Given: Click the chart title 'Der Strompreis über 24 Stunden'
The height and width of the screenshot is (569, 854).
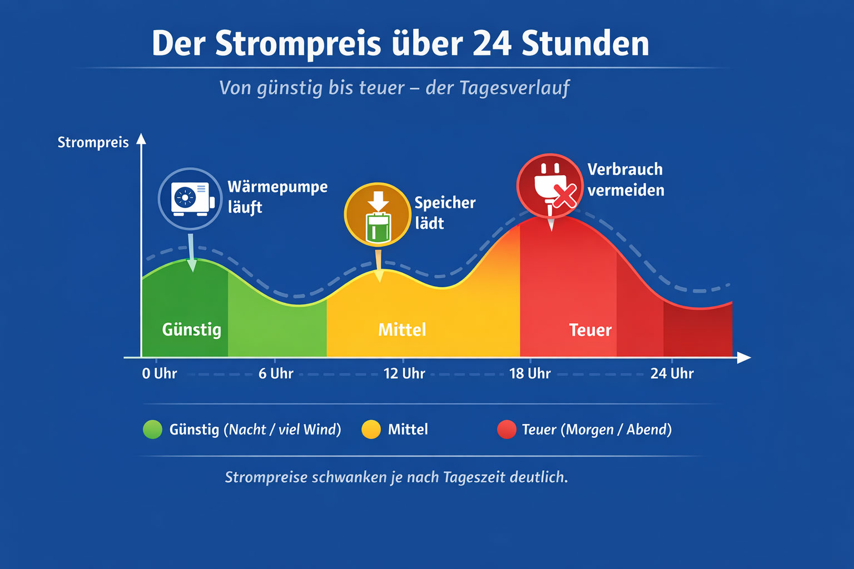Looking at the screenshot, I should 400,43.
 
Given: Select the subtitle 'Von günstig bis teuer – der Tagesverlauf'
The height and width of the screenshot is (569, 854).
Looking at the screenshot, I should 394,88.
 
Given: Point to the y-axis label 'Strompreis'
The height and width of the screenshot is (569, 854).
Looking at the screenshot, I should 93,142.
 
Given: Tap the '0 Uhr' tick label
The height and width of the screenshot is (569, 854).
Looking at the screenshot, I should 159,373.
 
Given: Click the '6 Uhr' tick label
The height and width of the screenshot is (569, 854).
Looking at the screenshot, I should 276,373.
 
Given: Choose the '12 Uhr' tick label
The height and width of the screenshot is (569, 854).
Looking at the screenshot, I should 404,373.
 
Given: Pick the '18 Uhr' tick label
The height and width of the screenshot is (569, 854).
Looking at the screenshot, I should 530,373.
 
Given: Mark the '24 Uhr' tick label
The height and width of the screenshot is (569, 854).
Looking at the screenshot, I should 672,373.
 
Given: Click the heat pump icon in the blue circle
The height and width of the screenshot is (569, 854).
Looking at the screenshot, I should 190,198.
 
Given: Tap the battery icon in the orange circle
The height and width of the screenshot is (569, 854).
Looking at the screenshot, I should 378,215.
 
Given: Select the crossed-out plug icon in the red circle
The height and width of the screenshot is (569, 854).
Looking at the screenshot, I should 550,186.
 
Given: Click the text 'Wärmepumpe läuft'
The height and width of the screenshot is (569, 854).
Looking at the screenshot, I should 277,197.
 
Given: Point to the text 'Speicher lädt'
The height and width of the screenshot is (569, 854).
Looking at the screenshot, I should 444,213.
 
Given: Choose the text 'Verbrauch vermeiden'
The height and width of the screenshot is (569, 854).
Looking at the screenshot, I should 625,179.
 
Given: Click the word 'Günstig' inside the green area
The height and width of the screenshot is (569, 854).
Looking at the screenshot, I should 191,330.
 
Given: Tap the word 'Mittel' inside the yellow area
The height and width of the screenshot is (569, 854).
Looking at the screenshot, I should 402,330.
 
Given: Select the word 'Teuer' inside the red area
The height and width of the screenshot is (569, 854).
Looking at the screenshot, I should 590,330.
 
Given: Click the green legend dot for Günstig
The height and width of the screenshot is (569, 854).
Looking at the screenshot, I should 152,430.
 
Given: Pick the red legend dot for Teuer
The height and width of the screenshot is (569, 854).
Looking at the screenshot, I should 507,430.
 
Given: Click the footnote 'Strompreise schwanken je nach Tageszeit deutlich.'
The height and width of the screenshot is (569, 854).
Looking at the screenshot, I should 396,477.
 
